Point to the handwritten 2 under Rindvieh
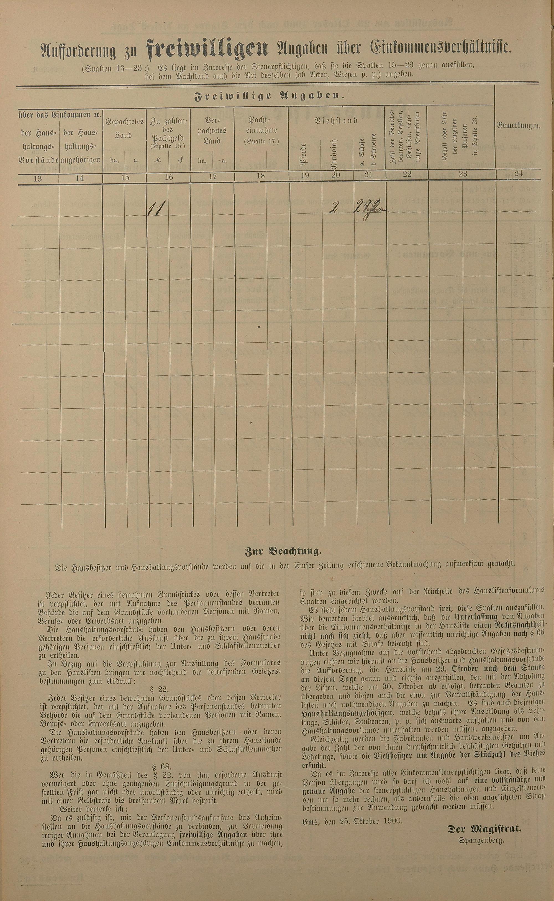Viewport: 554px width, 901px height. coord(334,208)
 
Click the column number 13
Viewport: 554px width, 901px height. coord(37,178)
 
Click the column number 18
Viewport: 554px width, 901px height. coord(261,176)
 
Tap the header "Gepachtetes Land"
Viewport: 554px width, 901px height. coord(125,128)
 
